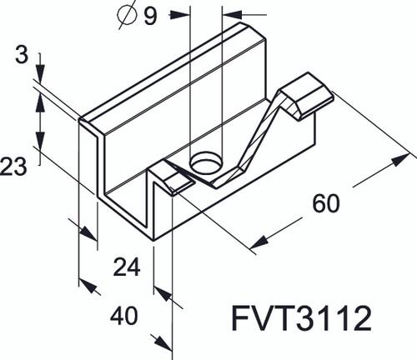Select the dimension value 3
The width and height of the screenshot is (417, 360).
tap(21, 57)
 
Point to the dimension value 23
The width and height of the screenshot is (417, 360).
tap(14, 167)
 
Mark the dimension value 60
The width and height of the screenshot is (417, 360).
tap(326, 202)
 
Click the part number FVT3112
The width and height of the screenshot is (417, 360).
tap(300, 318)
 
